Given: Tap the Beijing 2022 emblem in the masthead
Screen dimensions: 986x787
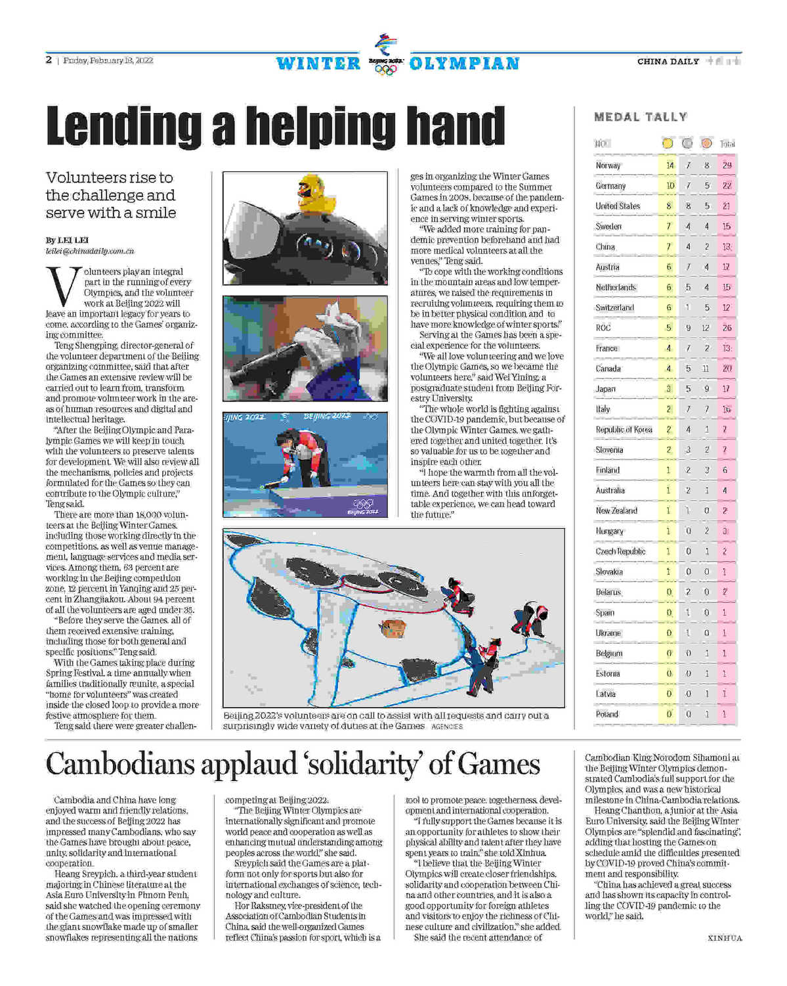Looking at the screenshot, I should coord(385,54).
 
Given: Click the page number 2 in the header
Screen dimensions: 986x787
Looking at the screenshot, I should coord(49,60).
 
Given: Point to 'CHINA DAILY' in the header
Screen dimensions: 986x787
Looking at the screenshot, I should coord(668,62).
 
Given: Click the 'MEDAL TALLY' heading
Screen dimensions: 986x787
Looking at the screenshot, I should coord(641,117).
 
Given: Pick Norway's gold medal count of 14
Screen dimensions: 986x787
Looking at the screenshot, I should coord(670,166).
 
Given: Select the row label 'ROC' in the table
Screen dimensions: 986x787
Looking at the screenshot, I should coord(603,328).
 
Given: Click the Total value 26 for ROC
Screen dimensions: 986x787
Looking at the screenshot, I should coord(727,328).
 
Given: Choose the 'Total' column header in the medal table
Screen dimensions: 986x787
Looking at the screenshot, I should coord(727,144).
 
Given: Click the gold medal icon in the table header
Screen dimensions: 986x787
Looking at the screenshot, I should coord(668,143).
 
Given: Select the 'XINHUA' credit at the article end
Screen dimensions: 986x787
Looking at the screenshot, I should coord(725,938).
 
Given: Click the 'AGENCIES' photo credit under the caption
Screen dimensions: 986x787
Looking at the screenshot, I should coord(447,727).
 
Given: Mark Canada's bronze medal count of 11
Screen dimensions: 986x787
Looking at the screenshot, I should coord(706,369).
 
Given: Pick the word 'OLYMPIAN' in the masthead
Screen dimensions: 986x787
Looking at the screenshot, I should coord(464,64).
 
